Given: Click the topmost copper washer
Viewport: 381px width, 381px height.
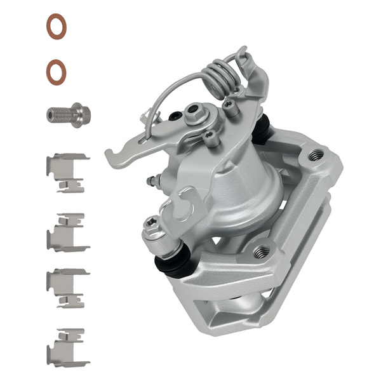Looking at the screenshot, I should (58, 27).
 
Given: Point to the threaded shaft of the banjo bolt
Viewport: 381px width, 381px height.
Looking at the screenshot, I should (58, 116).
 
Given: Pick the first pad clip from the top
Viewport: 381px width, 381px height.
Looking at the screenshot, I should (66, 171).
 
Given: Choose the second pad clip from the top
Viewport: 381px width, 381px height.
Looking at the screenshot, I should (66, 232).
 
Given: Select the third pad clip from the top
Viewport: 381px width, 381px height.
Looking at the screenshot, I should (66, 288).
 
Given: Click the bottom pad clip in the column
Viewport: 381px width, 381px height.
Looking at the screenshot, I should (66, 347).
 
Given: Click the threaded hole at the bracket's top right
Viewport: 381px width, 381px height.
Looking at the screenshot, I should (315, 155).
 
